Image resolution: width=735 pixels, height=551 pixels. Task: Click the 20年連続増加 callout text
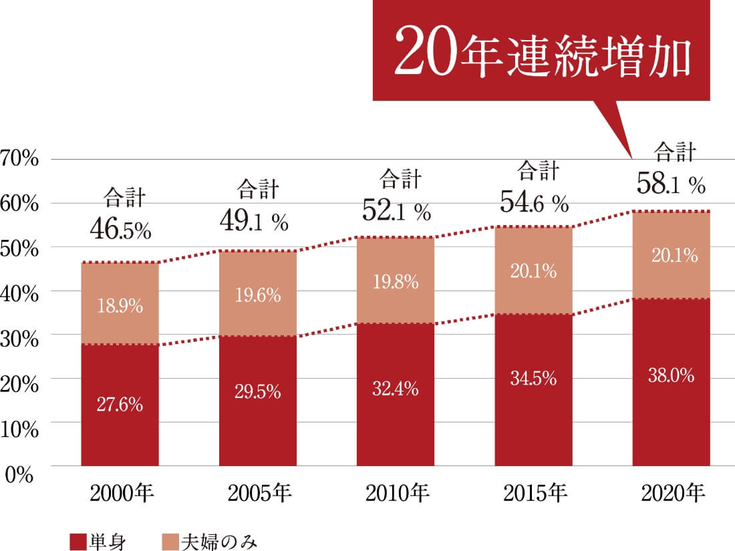click(x=541, y=51)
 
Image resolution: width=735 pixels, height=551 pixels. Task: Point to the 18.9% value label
click(x=120, y=307)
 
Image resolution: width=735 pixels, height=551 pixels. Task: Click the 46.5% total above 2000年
click(x=120, y=230)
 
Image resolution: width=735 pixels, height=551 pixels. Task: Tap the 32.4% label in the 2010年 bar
click(x=396, y=388)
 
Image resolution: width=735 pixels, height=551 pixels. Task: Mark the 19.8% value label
click(x=396, y=282)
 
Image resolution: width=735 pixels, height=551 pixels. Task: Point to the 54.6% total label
click(x=534, y=201)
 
